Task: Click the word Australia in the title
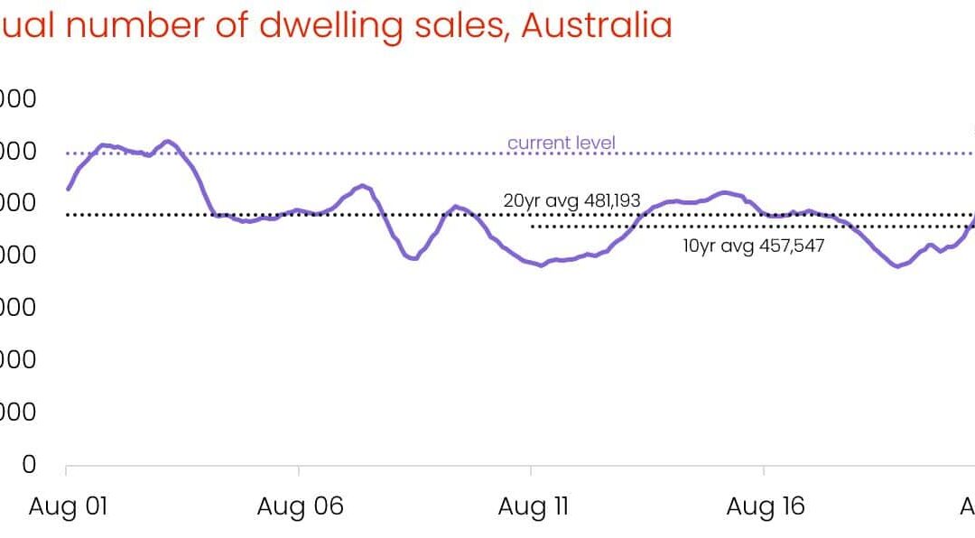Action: (597, 25)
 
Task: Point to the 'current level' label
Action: (562, 143)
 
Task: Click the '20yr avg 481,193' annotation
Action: (571, 200)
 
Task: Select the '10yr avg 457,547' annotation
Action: (754, 245)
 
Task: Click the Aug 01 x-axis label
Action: (68, 506)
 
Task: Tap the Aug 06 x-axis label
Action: (300, 506)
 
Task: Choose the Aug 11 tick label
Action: (533, 506)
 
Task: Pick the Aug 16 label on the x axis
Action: (765, 506)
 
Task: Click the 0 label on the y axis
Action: (29, 464)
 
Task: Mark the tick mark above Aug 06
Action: (299, 471)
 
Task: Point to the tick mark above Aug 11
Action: (532, 471)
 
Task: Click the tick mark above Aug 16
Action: (765, 471)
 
